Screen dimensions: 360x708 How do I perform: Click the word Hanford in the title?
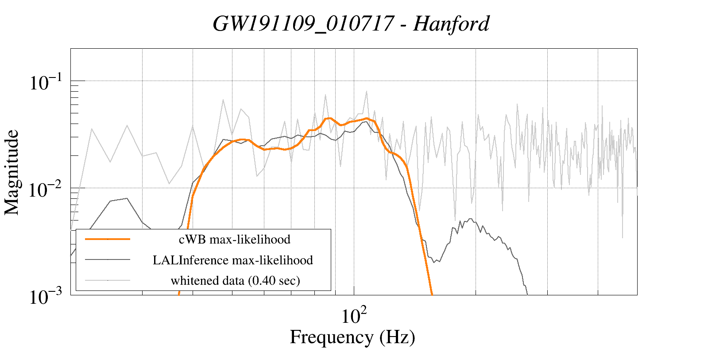click(451, 23)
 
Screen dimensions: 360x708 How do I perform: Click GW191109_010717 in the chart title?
click(303, 23)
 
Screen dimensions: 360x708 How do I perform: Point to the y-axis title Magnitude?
click(12, 172)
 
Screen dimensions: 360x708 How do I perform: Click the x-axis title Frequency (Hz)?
click(352, 337)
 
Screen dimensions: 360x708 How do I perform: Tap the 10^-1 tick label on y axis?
click(46, 83)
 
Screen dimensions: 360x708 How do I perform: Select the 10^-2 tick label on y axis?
click(46, 190)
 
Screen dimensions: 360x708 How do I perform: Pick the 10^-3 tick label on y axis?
click(46, 297)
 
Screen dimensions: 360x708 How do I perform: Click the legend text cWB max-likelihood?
click(234, 240)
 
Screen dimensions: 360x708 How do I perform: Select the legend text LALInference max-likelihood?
click(233, 260)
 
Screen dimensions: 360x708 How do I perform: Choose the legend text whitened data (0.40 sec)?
click(235, 280)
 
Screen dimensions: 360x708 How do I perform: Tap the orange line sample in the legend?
click(108, 239)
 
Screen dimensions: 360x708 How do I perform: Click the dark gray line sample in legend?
click(108, 259)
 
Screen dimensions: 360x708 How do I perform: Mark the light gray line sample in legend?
click(108, 280)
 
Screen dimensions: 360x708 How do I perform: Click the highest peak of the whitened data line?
click(367, 92)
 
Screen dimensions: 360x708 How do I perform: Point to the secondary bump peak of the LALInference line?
click(469, 219)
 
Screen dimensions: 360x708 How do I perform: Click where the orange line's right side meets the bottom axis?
click(432, 294)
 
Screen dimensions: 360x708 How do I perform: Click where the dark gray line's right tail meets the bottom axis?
click(527, 294)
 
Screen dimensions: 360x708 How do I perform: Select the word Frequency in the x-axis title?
click(331, 337)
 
